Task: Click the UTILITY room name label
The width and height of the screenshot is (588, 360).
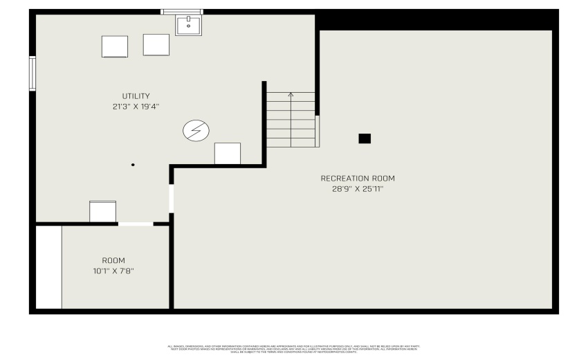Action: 136,96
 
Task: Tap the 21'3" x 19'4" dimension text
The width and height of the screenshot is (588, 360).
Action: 136,107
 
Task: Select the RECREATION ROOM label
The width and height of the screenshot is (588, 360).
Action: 358,179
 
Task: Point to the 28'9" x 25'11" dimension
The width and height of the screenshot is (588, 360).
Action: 358,188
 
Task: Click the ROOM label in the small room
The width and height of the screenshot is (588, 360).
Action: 113,260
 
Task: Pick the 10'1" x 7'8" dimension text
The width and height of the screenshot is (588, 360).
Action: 113,271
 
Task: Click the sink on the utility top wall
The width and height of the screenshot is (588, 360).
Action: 188,26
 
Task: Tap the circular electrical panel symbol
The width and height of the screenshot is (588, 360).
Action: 196,130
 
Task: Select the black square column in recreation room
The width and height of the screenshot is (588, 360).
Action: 365,138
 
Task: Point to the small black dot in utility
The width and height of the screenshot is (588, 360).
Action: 133,165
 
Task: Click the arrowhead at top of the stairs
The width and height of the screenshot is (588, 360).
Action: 291,95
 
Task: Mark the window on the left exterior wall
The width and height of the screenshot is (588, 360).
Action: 32,73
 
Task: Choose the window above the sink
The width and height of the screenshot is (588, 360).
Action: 182,12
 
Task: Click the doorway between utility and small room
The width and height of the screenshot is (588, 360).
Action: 136,224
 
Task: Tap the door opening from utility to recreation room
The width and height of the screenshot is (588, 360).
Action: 171,199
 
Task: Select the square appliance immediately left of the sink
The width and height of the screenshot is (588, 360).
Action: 156,44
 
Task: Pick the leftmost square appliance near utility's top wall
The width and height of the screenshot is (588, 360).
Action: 115,46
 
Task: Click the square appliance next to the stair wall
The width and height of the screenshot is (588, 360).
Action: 228,153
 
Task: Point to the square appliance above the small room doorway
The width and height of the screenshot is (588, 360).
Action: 103,211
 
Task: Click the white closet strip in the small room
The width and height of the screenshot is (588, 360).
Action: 48,267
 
